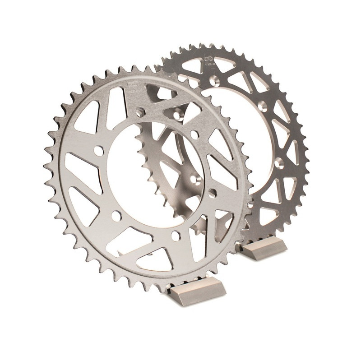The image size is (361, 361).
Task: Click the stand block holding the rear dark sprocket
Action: [264, 248]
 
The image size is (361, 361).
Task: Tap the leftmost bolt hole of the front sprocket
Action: [98, 151]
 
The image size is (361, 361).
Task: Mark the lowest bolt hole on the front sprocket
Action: [176, 235]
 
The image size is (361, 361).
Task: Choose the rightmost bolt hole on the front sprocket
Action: [213, 193]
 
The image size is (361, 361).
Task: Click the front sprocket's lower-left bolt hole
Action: [116, 216]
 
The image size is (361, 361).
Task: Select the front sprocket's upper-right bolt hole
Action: [194, 134]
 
